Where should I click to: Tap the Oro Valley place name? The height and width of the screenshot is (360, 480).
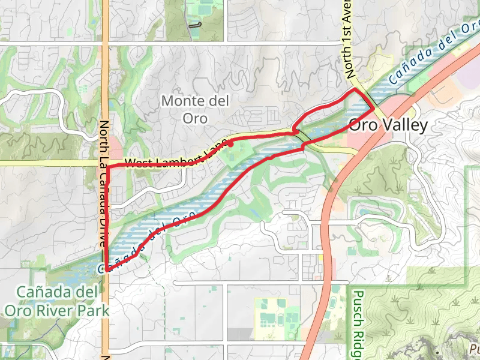tap(388, 125)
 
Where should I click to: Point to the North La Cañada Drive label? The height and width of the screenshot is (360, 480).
tap(104, 184)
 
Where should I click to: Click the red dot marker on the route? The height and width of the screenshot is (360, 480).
tap(231, 144)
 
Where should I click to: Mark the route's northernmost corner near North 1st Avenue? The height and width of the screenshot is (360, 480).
tap(356, 89)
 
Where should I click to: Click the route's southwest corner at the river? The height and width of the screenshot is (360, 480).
tap(107, 270)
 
